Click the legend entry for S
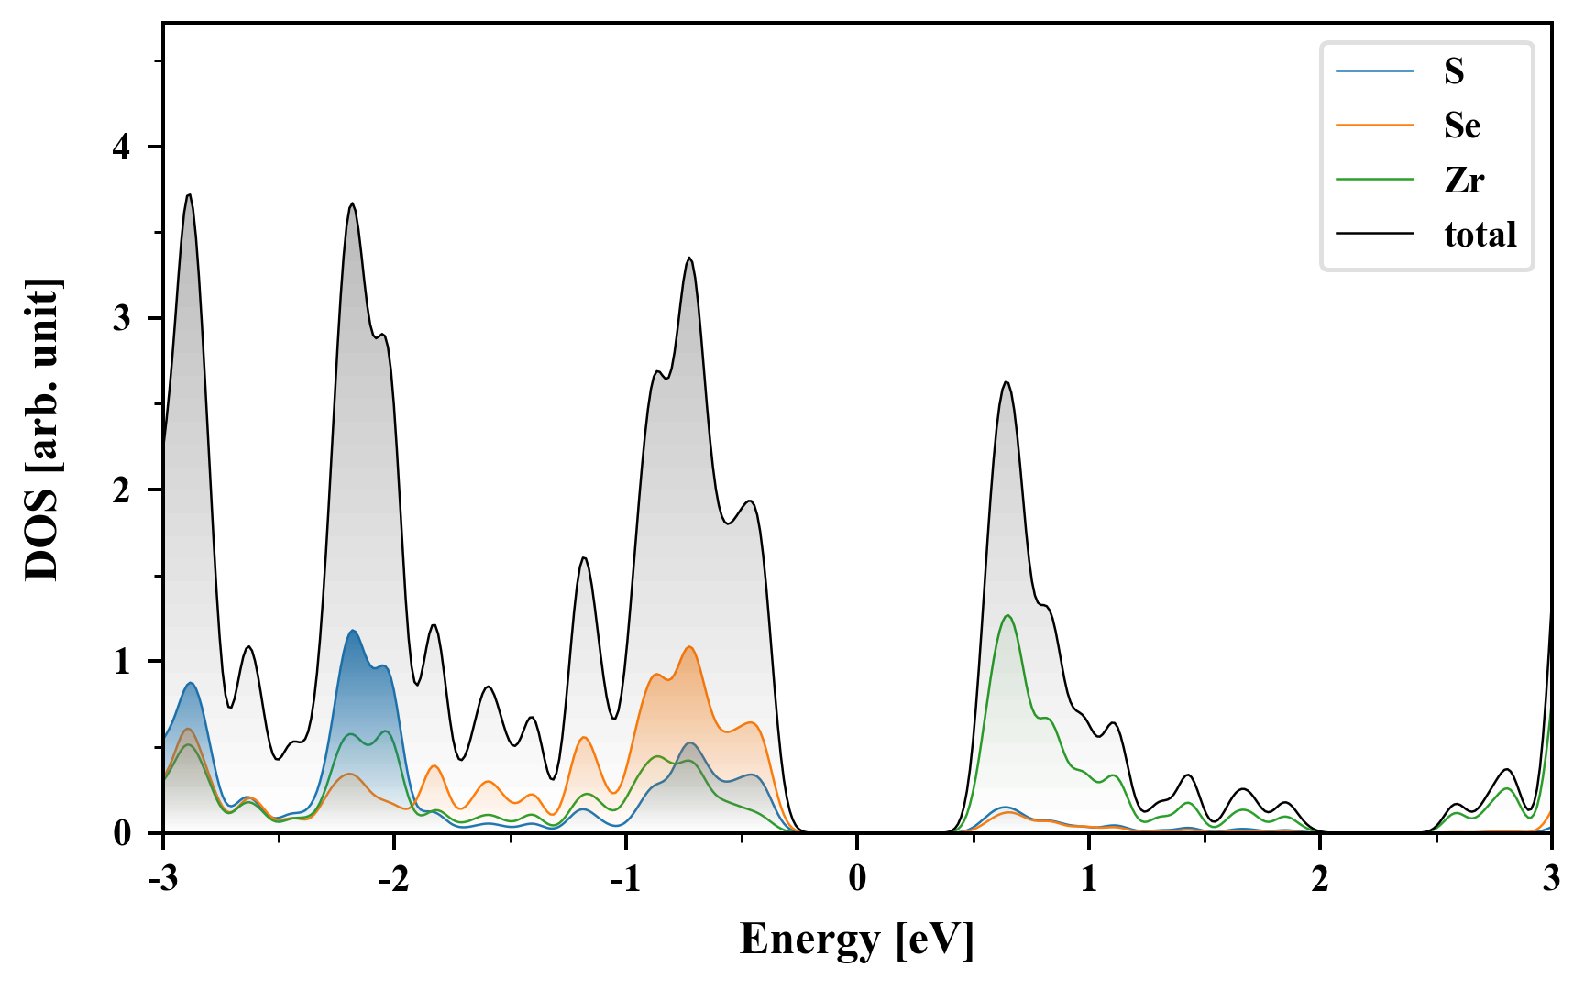(1454, 71)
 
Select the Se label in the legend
(1461, 126)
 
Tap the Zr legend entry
(1463, 180)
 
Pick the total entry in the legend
(1479, 235)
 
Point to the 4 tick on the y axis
(122, 147)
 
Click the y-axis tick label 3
(122, 318)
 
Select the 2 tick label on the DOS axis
(122, 489)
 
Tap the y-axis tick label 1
(122, 661)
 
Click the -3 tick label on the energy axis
(162, 878)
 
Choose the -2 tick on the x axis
(393, 878)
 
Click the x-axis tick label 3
(1551, 878)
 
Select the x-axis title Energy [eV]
(857, 940)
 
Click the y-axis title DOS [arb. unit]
(42, 429)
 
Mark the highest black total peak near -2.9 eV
(189, 195)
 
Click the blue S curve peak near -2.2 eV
(353, 631)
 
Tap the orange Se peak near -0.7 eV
(689, 647)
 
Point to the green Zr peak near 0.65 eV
(1007, 615)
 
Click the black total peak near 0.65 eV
(1006, 382)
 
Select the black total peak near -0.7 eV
(689, 258)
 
